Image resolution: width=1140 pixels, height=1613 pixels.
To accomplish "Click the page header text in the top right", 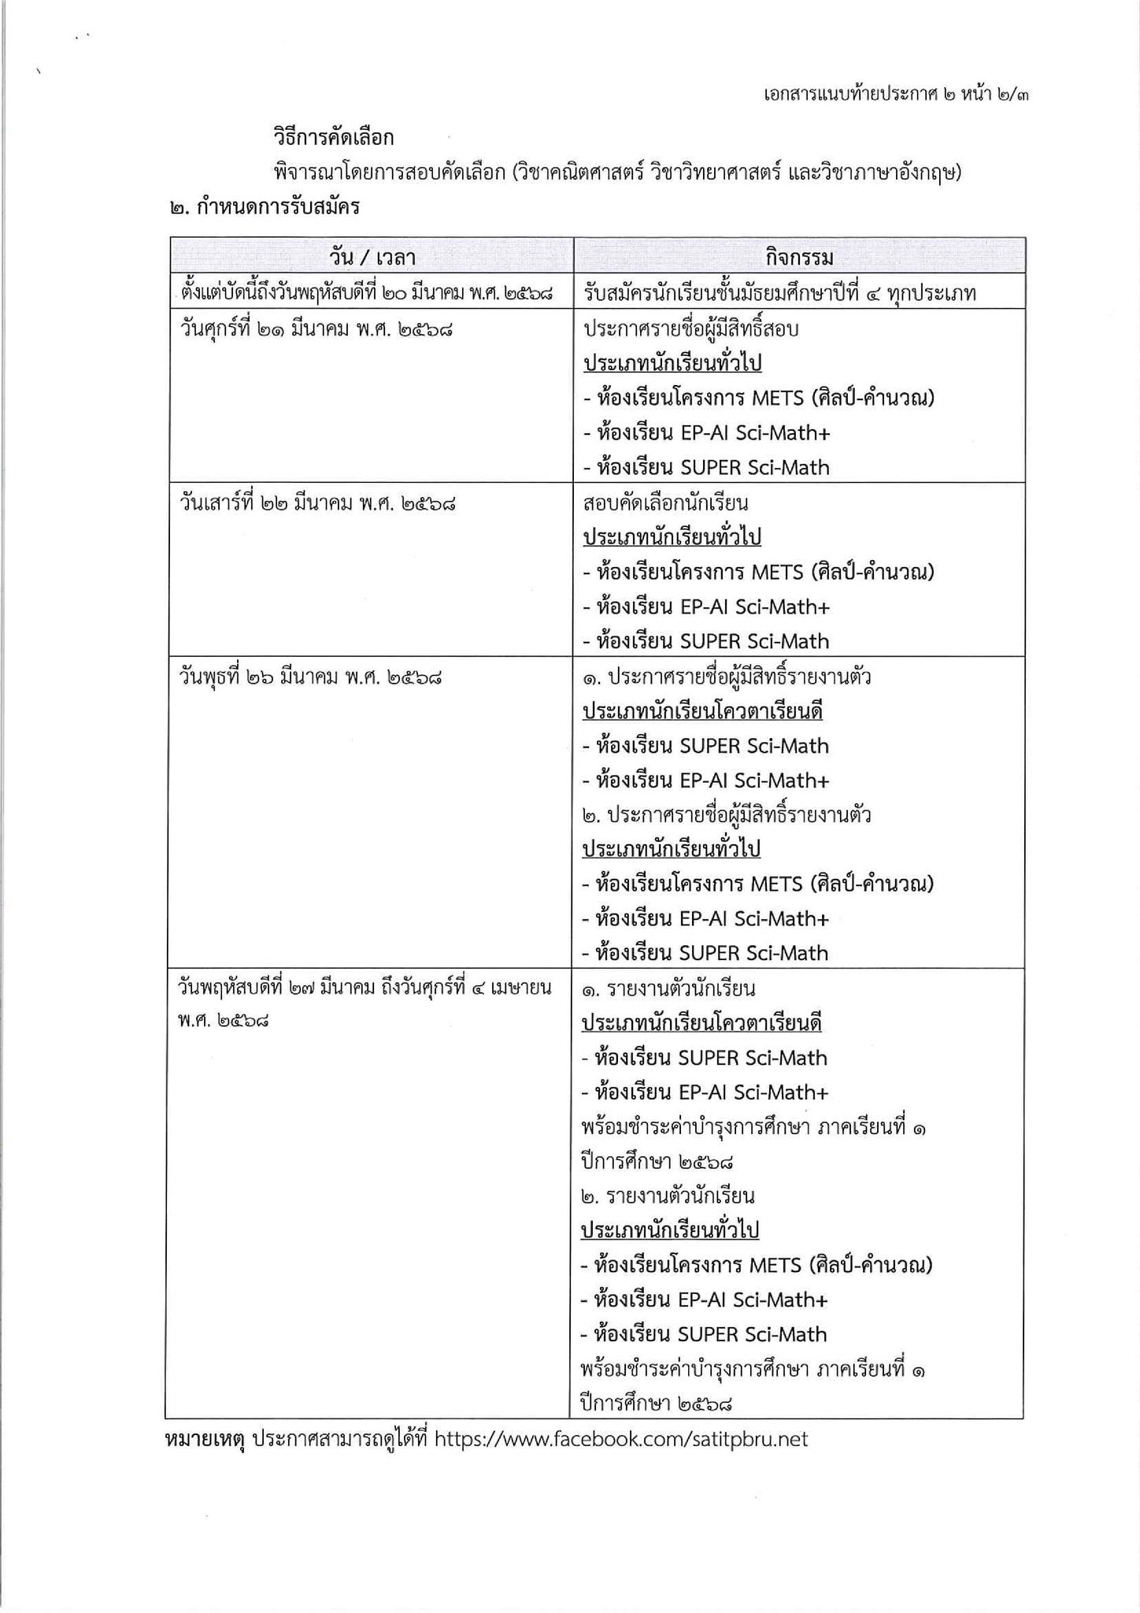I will pyautogui.click(x=897, y=95).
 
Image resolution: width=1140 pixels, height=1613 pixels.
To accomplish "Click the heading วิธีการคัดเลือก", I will pyautogui.click(x=333, y=138).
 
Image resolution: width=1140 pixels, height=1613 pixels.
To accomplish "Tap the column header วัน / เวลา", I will pyautogui.click(x=372, y=257).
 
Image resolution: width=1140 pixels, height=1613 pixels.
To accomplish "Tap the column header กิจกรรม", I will pyautogui.click(x=799, y=257).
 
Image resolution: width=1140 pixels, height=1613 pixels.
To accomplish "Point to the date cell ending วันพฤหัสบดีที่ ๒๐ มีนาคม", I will pyautogui.click(x=366, y=294).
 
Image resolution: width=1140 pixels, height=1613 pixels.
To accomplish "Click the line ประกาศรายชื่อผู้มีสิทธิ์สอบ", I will pyautogui.click(x=690, y=328).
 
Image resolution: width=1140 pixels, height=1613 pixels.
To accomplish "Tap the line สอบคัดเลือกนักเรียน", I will pyautogui.click(x=665, y=502).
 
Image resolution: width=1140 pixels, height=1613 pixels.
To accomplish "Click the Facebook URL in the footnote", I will pyautogui.click(x=621, y=1439).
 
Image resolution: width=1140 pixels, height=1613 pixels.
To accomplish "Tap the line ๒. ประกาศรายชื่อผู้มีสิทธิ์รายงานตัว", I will pyautogui.click(x=726, y=814).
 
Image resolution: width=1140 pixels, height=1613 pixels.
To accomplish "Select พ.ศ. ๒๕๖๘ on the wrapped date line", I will pyautogui.click(x=224, y=1022).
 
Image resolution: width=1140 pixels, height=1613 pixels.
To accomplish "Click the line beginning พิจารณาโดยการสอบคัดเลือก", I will pyautogui.click(x=618, y=172).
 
